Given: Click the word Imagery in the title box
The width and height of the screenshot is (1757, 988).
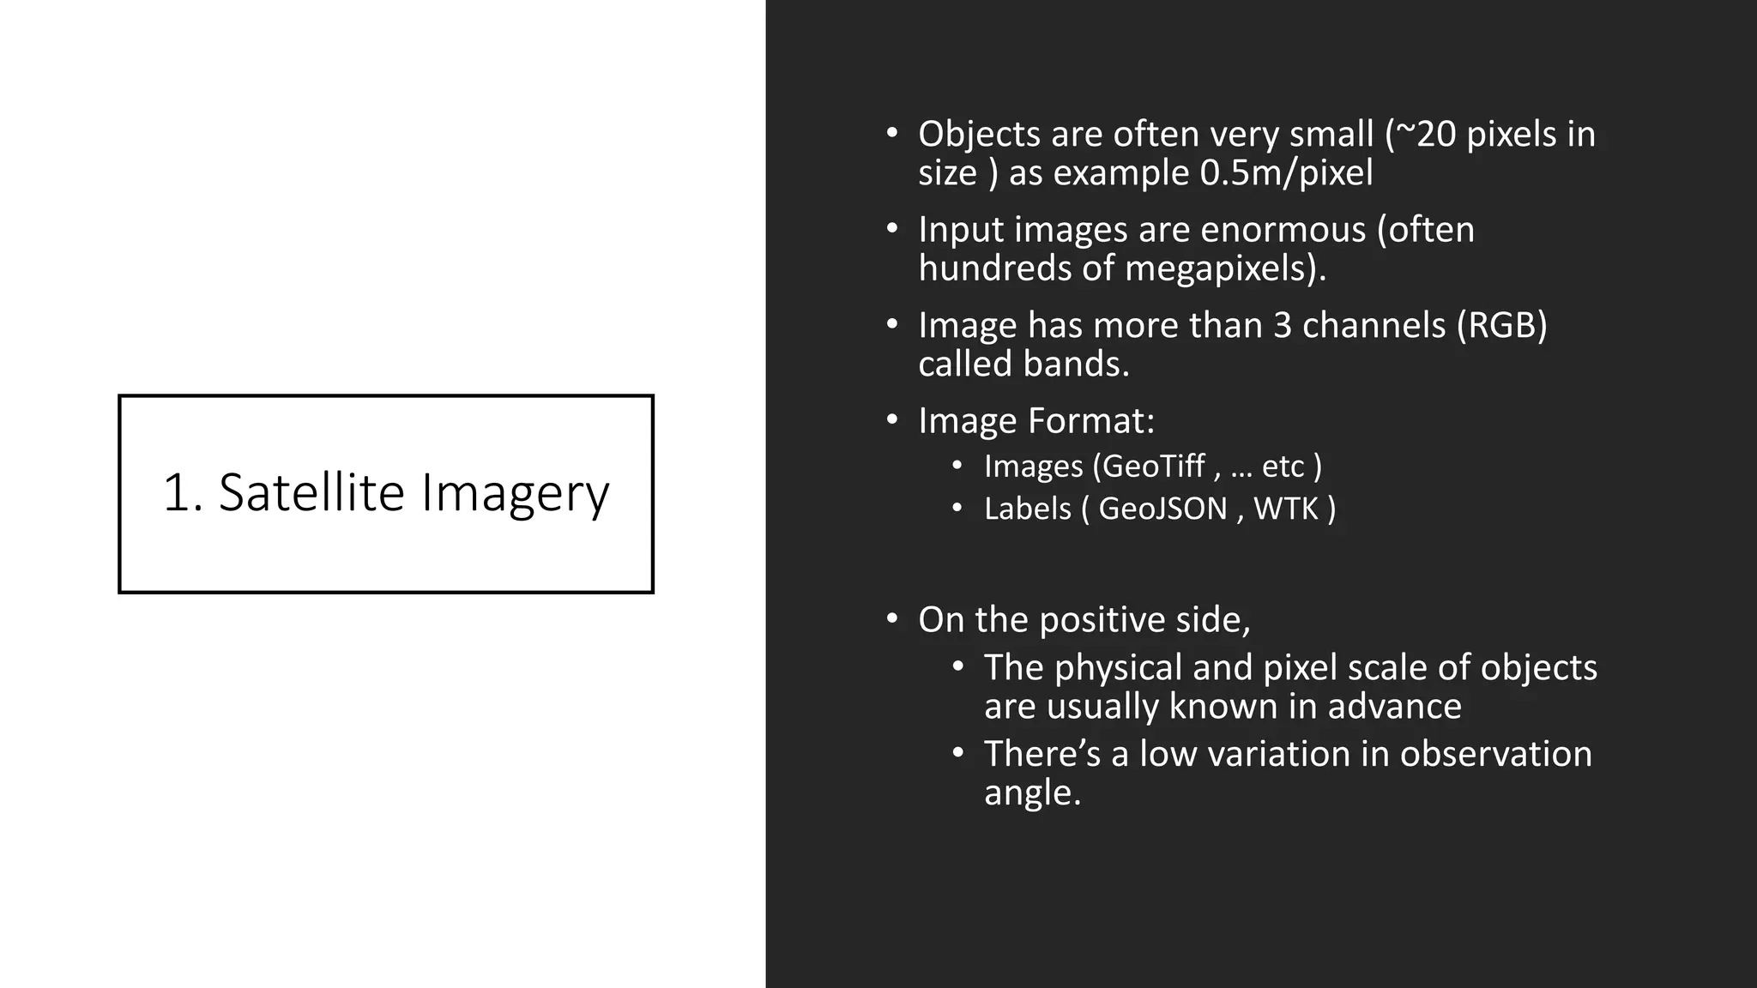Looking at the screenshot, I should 515,494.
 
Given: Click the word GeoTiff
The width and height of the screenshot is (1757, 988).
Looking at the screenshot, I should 1153,467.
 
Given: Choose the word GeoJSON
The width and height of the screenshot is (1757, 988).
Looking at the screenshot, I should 1162,509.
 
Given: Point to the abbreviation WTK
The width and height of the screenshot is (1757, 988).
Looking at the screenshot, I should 1285,509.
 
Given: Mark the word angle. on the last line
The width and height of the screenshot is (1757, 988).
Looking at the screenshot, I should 1032,793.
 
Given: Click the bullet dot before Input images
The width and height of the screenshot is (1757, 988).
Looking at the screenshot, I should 892,229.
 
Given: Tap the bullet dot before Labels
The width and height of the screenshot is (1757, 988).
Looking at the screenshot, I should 957,508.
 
